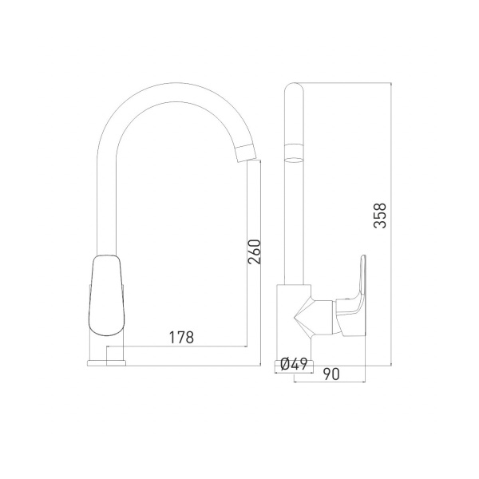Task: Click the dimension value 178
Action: pos(182,337)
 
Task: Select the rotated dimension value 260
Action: pos(254,254)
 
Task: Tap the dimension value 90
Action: pos(331,373)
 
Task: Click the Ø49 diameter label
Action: pos(294,364)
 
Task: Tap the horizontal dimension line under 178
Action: pos(184,346)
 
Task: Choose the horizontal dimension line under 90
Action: pos(331,381)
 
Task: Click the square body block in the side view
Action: pos(293,319)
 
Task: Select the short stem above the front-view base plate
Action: pos(111,351)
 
